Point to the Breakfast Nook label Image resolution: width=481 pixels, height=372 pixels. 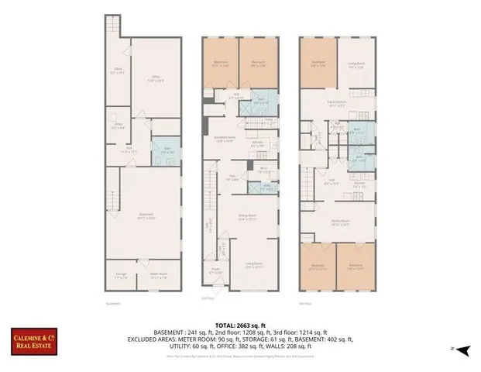click(225, 140)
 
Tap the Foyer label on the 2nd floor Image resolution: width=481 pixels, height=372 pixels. click(215, 271)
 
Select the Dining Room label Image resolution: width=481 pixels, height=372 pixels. click(246, 218)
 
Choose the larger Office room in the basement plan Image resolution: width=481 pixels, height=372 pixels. click(154, 78)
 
